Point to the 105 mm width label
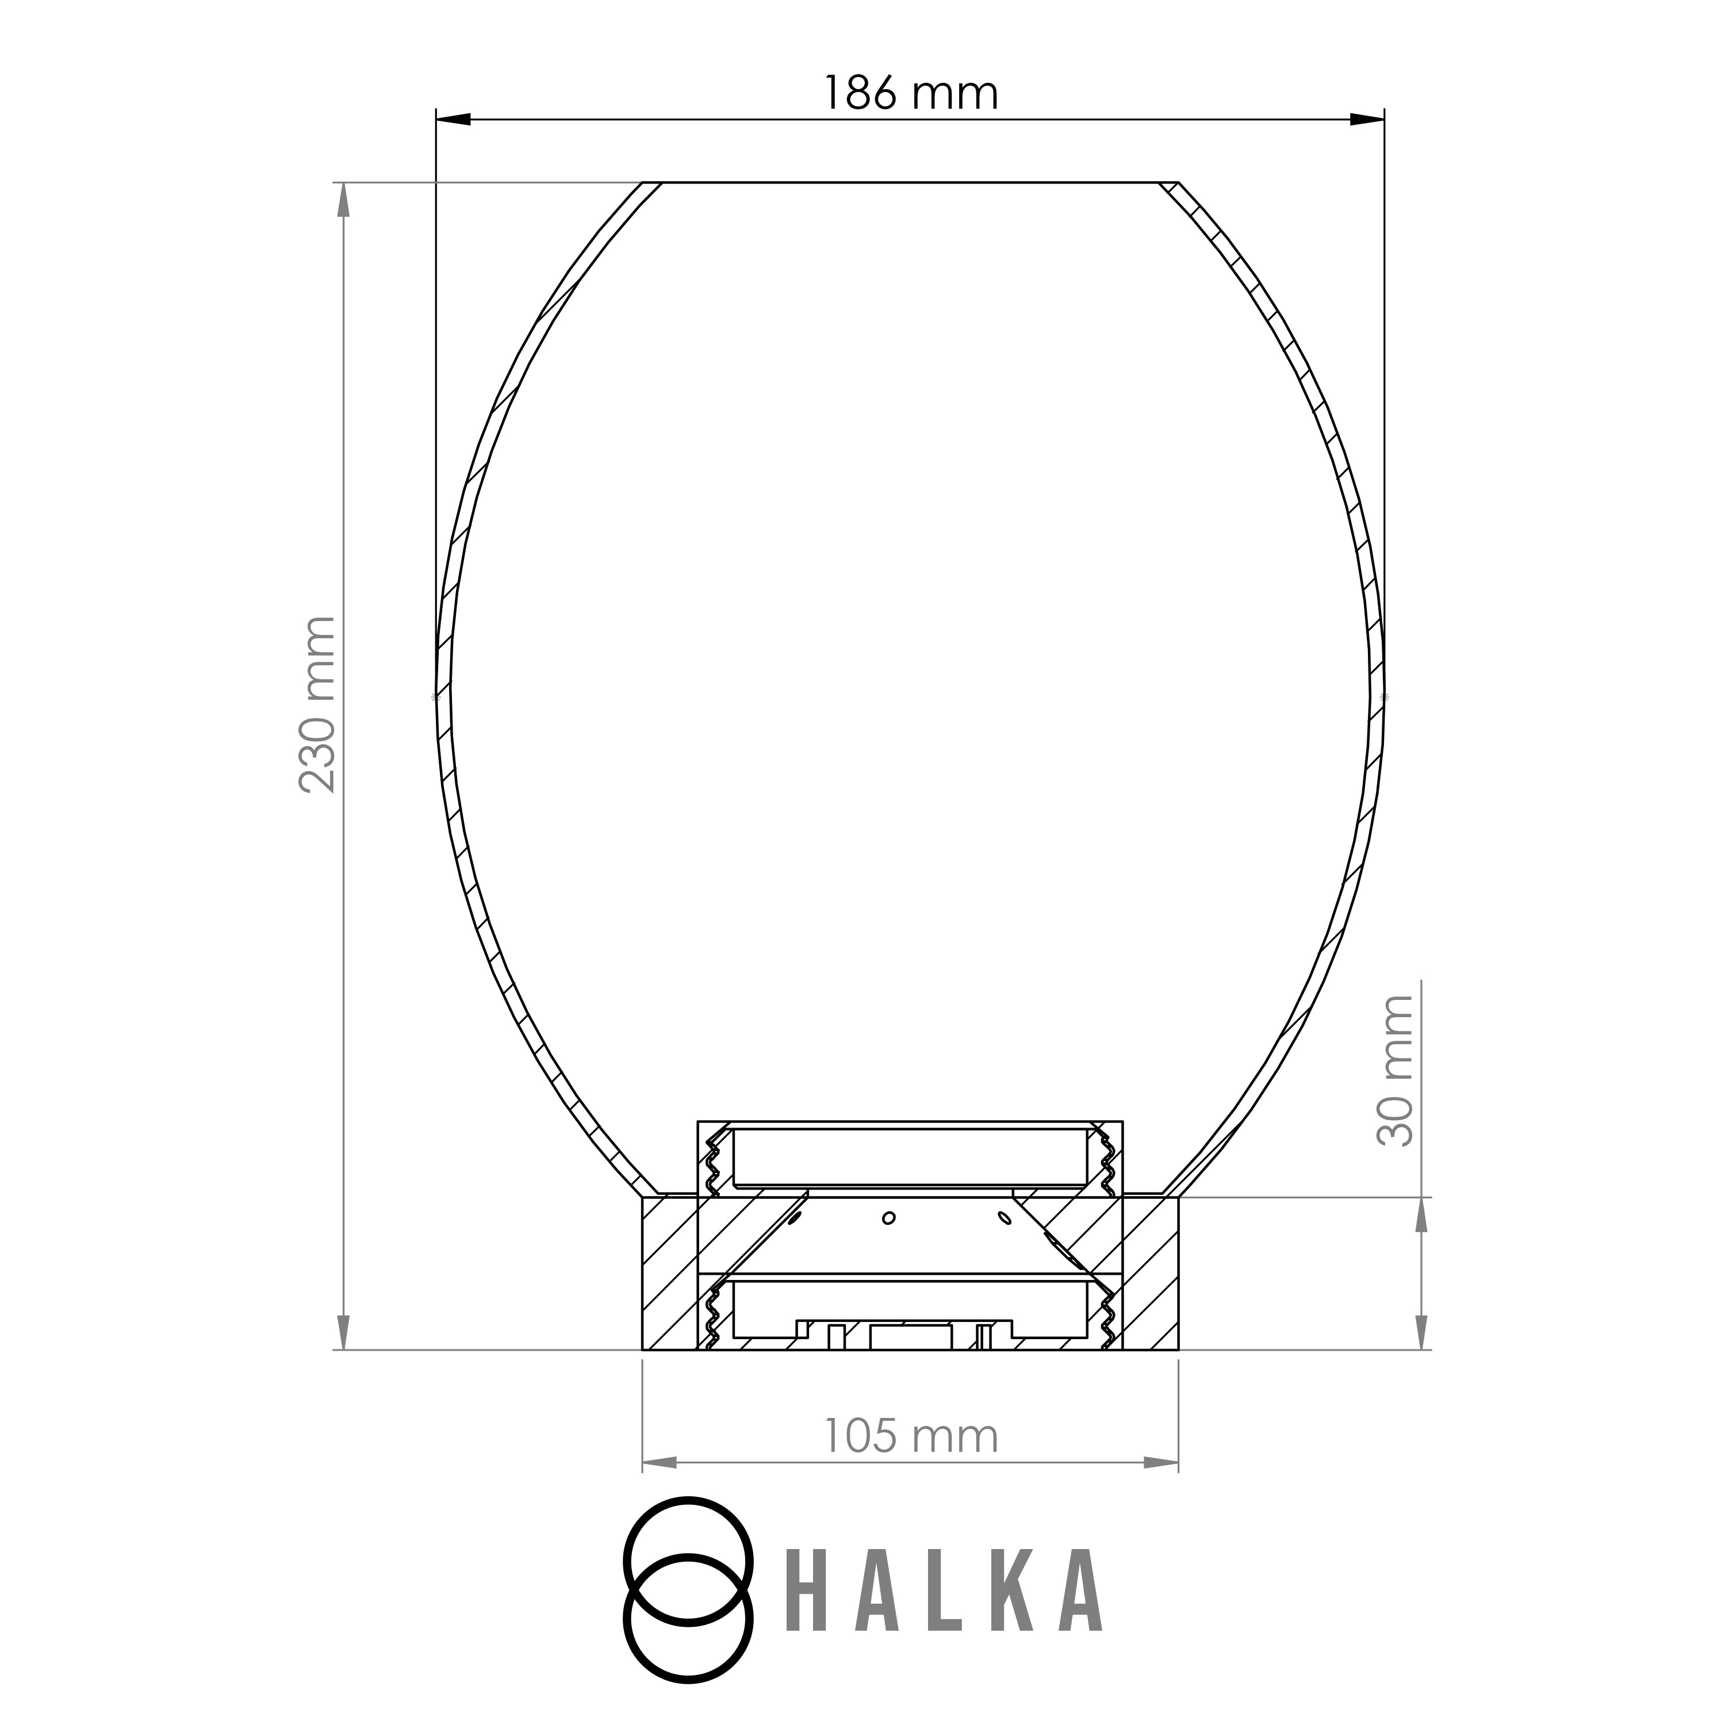tap(910, 1436)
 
